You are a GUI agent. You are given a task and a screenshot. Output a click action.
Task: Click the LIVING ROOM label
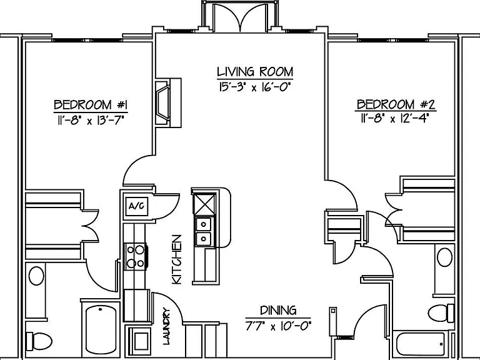click(x=255, y=72)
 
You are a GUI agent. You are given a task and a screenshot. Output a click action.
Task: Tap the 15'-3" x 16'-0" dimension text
click(x=254, y=87)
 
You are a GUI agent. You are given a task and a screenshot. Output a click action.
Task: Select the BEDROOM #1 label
click(x=91, y=105)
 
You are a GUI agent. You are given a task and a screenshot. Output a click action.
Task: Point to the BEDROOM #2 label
click(x=396, y=104)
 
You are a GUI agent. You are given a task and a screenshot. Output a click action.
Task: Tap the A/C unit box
click(x=136, y=206)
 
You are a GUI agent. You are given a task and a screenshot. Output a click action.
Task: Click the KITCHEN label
click(x=177, y=259)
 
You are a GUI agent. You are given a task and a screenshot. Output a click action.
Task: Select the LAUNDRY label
click(x=166, y=326)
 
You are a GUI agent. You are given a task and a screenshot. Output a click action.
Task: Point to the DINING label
click(x=278, y=311)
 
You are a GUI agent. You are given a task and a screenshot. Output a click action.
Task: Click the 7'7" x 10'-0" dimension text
click(x=278, y=326)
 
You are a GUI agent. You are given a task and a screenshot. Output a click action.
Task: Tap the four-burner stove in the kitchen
click(x=136, y=256)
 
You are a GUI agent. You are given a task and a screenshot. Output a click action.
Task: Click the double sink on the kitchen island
click(x=203, y=231)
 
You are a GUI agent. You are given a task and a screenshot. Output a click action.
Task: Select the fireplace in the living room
click(x=168, y=103)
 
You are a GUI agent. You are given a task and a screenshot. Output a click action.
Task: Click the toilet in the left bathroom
click(x=39, y=341)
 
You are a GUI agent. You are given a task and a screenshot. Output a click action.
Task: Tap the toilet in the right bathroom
click(x=441, y=313)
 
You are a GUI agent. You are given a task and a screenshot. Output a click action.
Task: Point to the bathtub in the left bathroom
click(x=101, y=329)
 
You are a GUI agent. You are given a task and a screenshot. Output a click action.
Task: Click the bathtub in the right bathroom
click(x=421, y=345)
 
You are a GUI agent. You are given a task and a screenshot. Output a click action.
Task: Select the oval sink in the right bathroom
click(x=444, y=257)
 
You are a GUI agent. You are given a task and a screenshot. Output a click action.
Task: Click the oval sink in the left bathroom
click(x=36, y=276)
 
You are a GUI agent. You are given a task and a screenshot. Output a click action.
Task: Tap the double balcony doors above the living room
click(x=240, y=17)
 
